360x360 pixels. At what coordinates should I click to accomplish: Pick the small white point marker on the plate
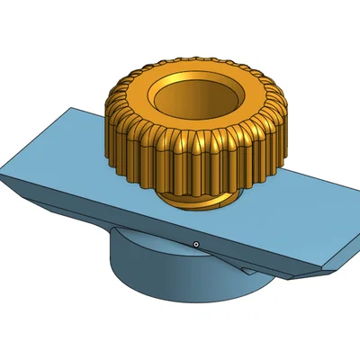click(196, 243)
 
